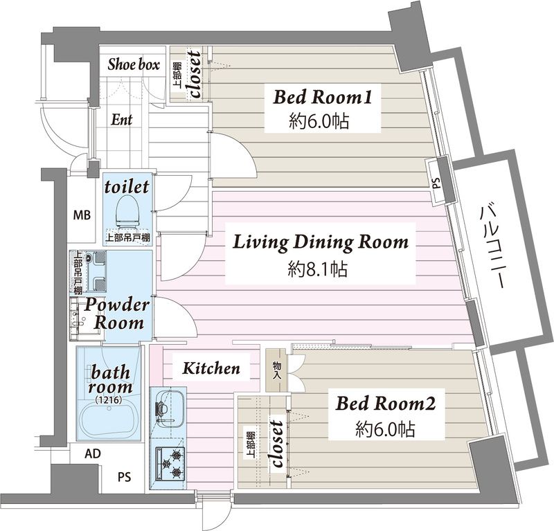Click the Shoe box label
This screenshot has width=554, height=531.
point(134,64)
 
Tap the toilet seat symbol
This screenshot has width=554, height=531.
point(127,210)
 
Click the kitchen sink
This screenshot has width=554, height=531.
point(168,408)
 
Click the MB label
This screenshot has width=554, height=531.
point(82,215)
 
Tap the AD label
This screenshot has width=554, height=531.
point(93,454)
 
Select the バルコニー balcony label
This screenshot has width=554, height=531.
point(492,247)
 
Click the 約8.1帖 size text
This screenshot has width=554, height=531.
point(318,269)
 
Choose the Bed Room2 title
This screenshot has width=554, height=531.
point(386,403)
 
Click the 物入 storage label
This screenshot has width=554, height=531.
point(276,370)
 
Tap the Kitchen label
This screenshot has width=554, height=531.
point(211,368)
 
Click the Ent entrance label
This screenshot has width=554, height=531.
point(122,119)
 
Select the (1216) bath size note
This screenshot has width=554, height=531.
point(109,400)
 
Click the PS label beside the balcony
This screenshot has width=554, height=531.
point(437,183)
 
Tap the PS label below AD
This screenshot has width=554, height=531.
point(125,477)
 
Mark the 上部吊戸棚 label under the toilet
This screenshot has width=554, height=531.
point(128,238)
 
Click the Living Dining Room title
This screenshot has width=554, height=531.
point(321,243)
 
